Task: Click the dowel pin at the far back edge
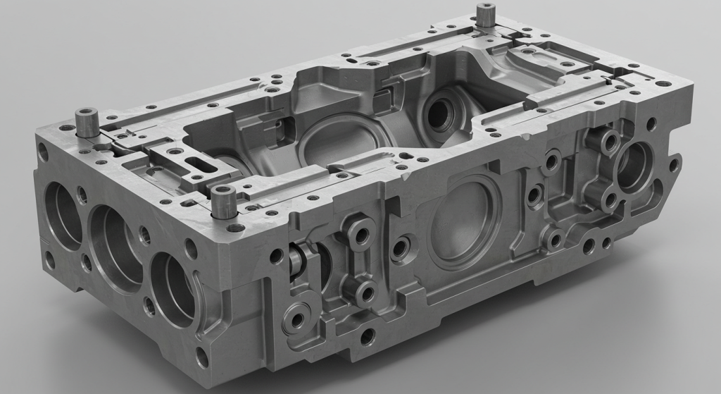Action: point(485,15)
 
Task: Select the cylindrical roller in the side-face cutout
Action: point(298,260)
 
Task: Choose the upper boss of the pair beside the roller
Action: point(361,233)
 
